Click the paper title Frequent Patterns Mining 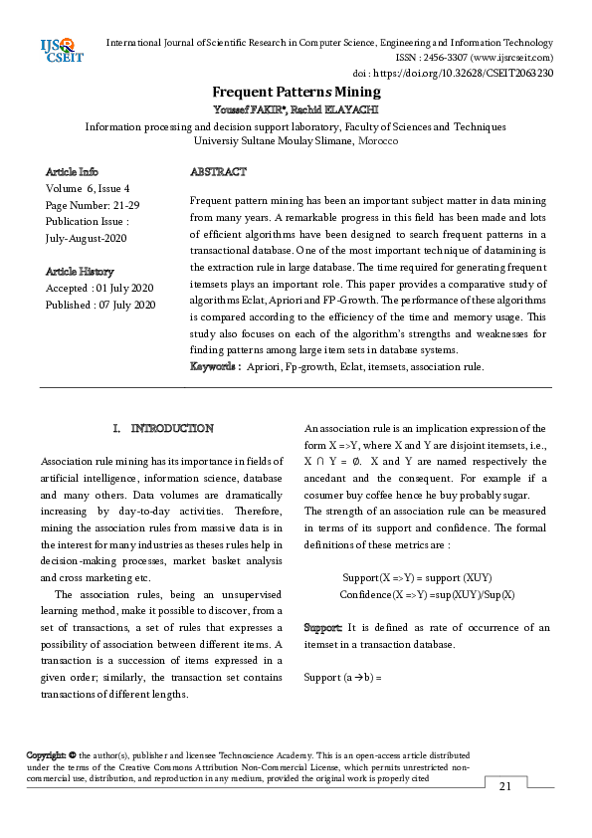pos(296,91)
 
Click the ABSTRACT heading pos(218,172)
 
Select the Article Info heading pos(72,172)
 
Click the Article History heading pos(80,272)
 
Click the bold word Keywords pos(214,367)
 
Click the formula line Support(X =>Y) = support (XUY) pos(417,578)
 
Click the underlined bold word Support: pos(323,628)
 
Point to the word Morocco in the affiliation pos(376,141)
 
